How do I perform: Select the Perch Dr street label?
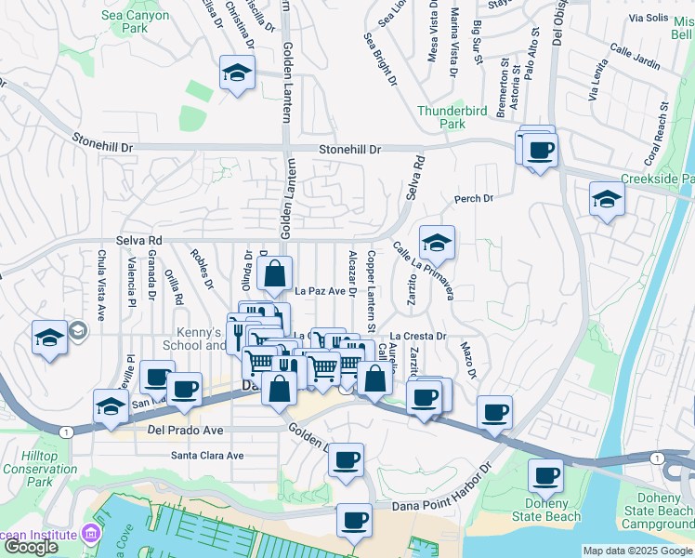tap(472, 198)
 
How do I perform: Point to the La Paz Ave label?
tap(320, 291)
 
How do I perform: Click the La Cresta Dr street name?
tap(418, 336)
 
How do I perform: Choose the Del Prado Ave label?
tap(186, 431)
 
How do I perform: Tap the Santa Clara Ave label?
tap(206, 456)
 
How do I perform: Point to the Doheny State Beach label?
tap(557, 511)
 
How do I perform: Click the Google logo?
tap(31, 547)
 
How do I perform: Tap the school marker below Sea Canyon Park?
tap(237, 73)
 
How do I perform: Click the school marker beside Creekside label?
tap(607, 199)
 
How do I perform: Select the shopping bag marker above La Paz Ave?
tap(275, 273)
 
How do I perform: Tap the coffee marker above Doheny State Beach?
tap(545, 476)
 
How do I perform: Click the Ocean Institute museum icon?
tap(91, 535)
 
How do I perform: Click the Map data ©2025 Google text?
tap(637, 551)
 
